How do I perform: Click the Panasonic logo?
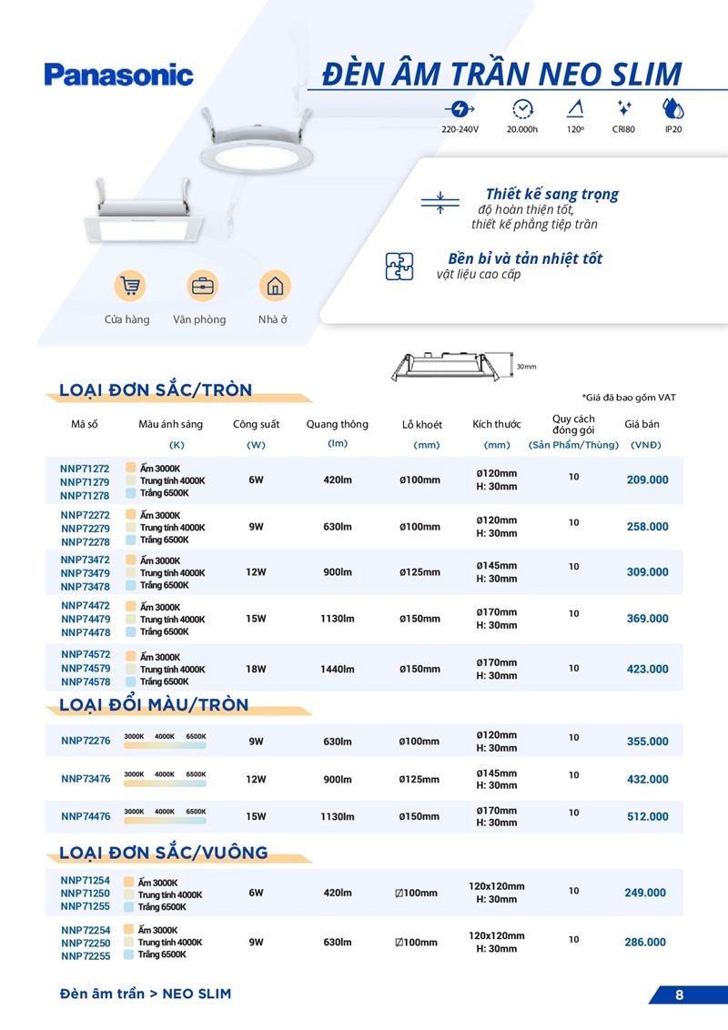point(118,75)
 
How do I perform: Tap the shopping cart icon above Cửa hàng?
point(130,286)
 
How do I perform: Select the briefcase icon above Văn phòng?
point(202,286)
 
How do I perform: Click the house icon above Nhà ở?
point(274,286)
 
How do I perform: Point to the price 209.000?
point(647,480)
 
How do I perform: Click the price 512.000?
point(647,816)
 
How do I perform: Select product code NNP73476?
point(86,779)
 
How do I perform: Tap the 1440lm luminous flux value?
point(337,669)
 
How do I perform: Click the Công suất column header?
point(256,424)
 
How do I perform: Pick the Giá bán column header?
point(642,424)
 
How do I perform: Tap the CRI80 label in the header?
point(623,129)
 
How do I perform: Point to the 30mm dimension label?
point(526,367)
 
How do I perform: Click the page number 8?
point(679,995)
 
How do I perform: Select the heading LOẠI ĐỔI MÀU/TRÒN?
point(154,705)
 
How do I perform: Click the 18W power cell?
point(256,669)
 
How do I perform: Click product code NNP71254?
point(86,881)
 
